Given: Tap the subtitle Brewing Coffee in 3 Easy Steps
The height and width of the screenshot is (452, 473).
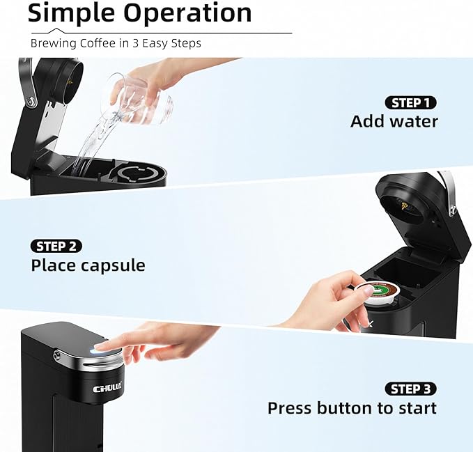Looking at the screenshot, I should (x=116, y=43).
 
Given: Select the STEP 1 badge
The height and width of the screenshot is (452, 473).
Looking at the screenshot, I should (x=410, y=102).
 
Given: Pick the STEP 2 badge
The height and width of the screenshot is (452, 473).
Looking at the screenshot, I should (x=56, y=246).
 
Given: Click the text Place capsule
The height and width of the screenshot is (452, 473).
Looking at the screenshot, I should (x=88, y=265).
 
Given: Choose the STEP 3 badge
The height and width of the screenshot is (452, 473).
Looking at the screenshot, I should (x=410, y=389).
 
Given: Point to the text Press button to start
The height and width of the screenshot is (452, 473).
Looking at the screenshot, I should (x=352, y=408).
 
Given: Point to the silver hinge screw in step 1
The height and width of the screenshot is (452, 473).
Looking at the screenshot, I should (x=31, y=102).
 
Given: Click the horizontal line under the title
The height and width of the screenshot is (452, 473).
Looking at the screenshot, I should (x=160, y=33).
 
